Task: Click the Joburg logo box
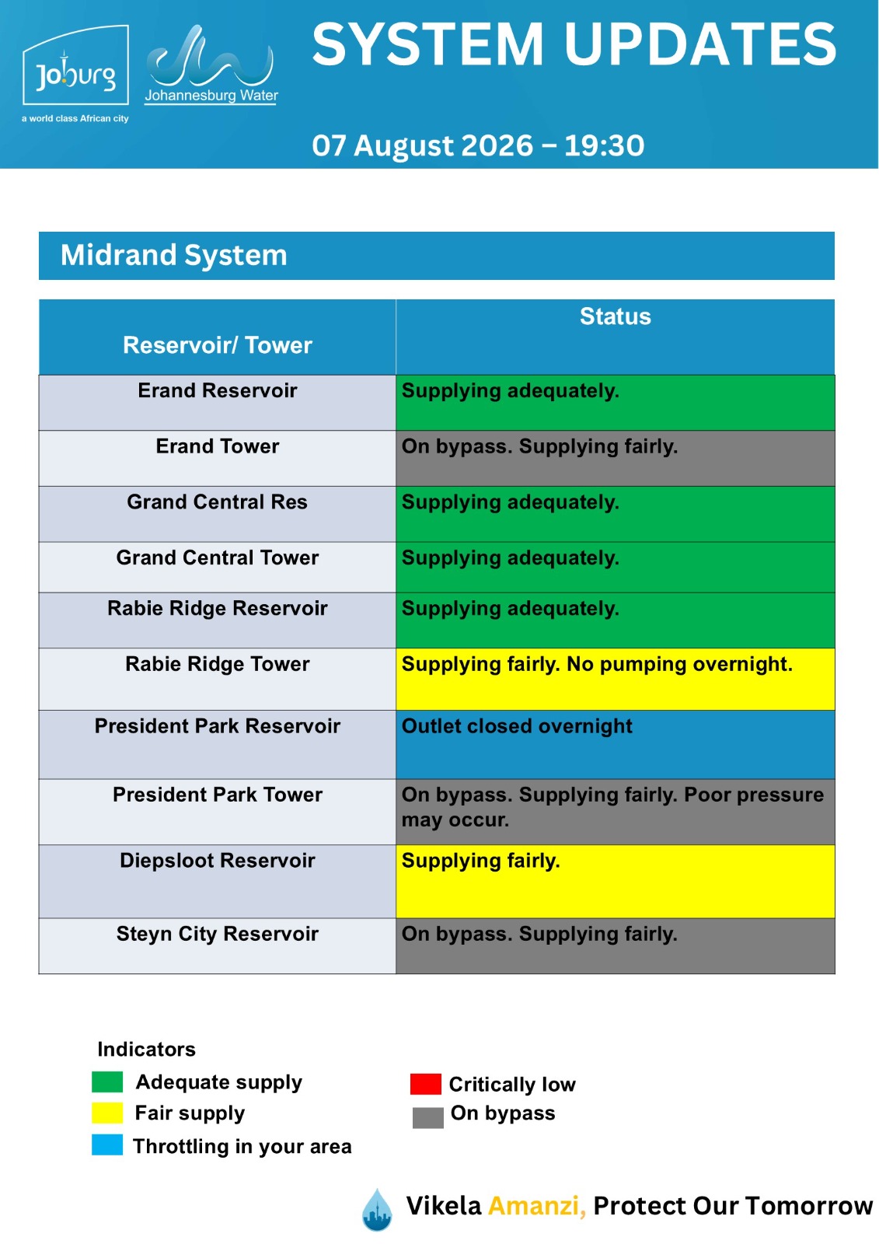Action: click(x=75, y=65)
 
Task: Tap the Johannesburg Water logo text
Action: click(x=211, y=96)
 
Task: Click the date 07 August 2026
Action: click(x=422, y=145)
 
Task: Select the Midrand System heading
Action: click(x=174, y=256)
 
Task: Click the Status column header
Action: click(x=615, y=316)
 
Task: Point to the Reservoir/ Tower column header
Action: click(x=217, y=345)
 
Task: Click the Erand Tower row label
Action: click(x=217, y=446)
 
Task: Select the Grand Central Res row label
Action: click(x=217, y=502)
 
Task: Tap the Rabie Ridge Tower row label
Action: click(x=217, y=664)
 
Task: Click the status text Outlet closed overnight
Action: click(x=517, y=726)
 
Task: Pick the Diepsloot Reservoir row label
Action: click(x=217, y=861)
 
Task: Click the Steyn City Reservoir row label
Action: click(x=217, y=934)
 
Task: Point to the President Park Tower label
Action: click(x=217, y=795)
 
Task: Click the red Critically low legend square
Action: click(x=425, y=1084)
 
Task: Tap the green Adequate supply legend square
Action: click(x=107, y=1082)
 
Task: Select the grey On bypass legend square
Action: click(x=428, y=1118)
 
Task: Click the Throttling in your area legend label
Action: click(x=242, y=1147)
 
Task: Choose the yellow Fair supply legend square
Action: click(x=107, y=1113)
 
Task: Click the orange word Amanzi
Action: click(x=537, y=1206)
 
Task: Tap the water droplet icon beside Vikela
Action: click(x=377, y=1210)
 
